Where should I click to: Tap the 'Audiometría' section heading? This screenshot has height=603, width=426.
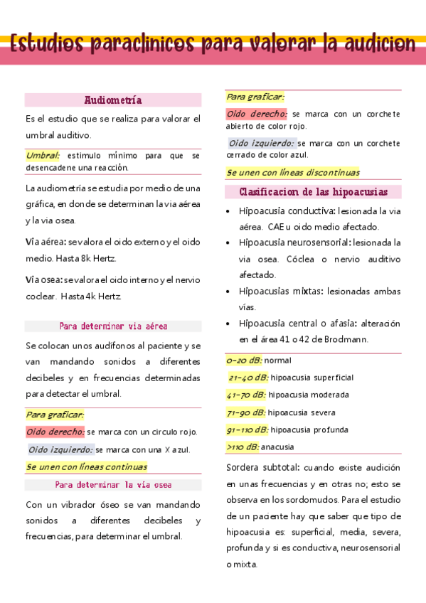113,100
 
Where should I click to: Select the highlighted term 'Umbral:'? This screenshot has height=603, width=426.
43,155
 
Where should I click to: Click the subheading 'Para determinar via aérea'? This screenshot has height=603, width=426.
113,326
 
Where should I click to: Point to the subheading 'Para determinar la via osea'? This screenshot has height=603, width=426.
113,485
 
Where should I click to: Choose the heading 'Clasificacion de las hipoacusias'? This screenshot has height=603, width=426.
313,192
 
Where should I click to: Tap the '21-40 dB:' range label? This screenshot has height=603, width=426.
247,378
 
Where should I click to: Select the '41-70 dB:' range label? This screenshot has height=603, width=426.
246,395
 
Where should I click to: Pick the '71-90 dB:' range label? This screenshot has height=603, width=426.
246,412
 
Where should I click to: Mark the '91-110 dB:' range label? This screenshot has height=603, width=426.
247,429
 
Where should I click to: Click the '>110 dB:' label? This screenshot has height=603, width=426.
243,447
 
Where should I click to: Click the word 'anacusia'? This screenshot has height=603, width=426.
277,447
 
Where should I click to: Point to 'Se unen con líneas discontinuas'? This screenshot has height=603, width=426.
293,172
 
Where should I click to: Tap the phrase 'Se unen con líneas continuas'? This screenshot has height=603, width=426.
86,467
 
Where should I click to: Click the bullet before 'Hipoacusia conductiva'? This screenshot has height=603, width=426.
227,211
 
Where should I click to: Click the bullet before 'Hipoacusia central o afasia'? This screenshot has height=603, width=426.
227,324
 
